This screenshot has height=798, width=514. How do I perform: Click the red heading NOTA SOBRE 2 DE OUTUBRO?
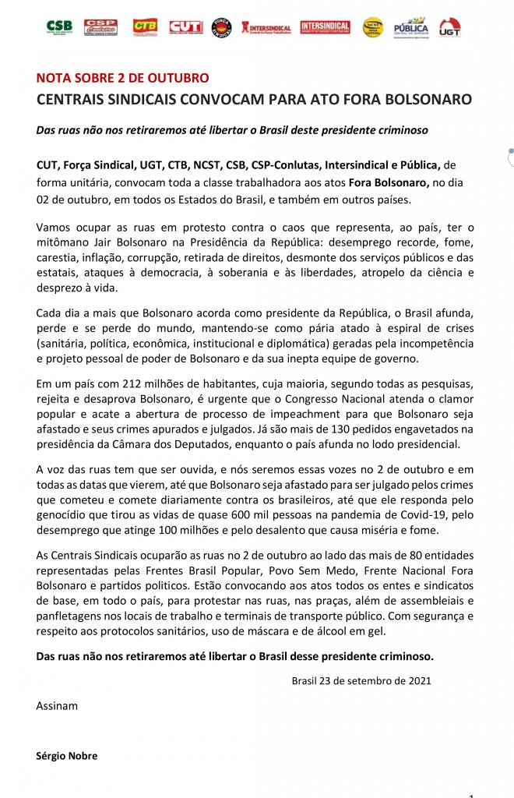click(122, 79)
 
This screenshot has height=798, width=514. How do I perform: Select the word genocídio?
click(63, 514)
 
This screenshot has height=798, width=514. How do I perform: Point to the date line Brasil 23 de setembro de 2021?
click(361, 680)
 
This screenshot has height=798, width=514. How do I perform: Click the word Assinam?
click(57, 706)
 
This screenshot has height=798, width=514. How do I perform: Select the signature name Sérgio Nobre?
click(66, 756)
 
